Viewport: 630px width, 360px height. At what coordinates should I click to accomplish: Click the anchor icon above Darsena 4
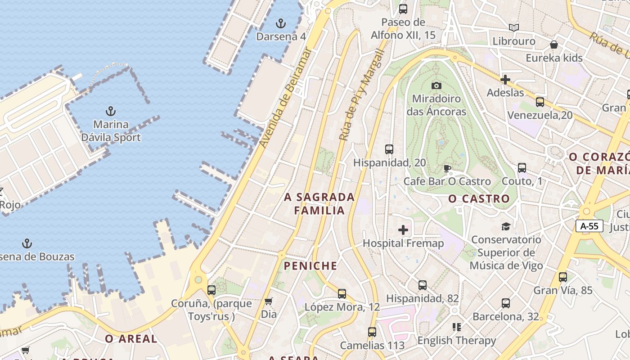tap(281, 23)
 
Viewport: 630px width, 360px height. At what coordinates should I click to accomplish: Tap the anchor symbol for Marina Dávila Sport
tap(111, 111)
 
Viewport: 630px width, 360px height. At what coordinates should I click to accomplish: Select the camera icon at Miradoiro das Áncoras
tap(436, 85)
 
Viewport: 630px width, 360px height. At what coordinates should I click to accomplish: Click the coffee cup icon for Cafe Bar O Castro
tap(447, 169)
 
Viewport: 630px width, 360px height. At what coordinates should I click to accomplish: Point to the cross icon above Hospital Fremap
tap(403, 230)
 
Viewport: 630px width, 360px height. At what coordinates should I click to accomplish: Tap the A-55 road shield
tap(589, 226)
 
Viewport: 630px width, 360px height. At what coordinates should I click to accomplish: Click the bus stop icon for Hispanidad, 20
tap(389, 149)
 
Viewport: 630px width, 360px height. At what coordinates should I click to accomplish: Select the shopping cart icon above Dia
tap(269, 301)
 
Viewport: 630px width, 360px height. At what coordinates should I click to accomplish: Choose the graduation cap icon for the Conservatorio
tap(506, 226)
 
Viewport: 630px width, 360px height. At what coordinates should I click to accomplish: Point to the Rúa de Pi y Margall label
tap(362, 94)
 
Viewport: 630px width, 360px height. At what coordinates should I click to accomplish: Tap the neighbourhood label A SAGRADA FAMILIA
tap(319, 203)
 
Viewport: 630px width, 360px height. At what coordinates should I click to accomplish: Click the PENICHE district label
tap(310, 266)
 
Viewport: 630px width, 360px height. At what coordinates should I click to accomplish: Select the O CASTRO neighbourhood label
tap(479, 198)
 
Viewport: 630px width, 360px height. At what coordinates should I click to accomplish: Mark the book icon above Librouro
tap(514, 28)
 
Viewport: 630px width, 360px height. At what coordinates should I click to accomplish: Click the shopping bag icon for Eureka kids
tap(554, 45)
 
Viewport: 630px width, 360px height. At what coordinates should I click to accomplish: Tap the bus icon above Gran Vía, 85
tap(563, 277)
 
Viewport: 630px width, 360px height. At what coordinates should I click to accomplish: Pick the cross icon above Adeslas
tap(505, 80)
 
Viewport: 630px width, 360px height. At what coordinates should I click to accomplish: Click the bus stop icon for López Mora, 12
tap(342, 294)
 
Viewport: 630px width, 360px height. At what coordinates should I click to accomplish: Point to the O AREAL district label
tap(131, 339)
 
